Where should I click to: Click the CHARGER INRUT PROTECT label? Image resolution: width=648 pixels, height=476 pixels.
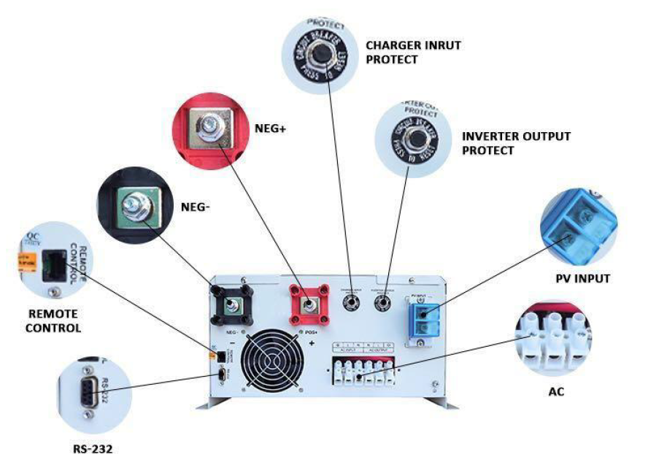pyautogui.click(x=413, y=52)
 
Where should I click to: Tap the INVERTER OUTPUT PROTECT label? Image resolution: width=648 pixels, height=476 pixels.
pyautogui.click(x=516, y=143)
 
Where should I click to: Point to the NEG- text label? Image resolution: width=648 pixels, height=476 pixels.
pyautogui.click(x=196, y=207)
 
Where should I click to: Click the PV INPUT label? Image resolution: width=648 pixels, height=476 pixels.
pyautogui.click(x=582, y=278)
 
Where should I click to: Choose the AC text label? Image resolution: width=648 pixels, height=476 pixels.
pyautogui.click(x=556, y=392)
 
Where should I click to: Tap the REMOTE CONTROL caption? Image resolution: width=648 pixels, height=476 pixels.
pyautogui.click(x=52, y=320)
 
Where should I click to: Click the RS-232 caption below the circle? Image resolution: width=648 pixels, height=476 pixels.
pyautogui.click(x=93, y=450)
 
